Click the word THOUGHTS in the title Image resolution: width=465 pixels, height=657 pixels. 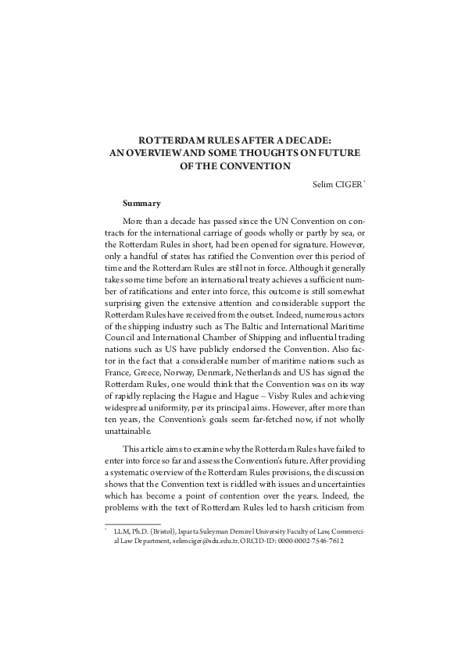tap(273, 154)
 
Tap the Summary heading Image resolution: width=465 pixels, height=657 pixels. tap(141, 204)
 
